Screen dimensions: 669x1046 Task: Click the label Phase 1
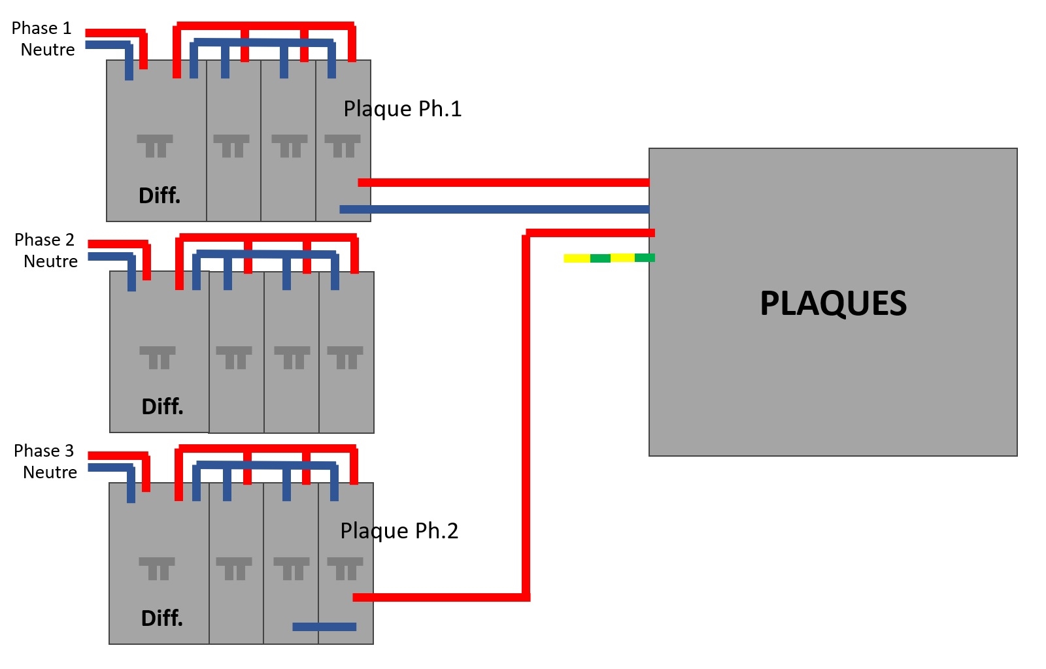click(x=41, y=28)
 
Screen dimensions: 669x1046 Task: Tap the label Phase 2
click(x=44, y=240)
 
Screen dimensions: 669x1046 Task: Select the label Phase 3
click(x=44, y=451)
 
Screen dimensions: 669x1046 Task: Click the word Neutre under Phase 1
click(x=48, y=50)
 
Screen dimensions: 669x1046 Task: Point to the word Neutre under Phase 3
click(x=50, y=472)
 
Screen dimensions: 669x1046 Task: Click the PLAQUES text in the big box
click(x=833, y=303)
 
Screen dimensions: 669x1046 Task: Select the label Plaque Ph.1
click(x=403, y=108)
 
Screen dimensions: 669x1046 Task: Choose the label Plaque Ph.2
click(x=399, y=530)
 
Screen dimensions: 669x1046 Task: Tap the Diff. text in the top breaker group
click(x=160, y=195)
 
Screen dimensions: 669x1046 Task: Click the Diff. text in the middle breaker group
click(x=162, y=406)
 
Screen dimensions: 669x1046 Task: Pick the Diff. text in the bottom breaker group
click(x=162, y=618)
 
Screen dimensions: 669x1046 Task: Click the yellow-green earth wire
click(x=609, y=258)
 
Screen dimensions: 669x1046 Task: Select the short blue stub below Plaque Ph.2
click(x=324, y=627)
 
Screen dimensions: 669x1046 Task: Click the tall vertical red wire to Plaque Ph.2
click(x=526, y=418)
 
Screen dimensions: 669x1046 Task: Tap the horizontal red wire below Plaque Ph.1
click(x=503, y=182)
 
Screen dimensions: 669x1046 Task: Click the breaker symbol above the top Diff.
click(x=155, y=146)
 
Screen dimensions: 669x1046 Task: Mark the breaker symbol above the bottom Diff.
click(x=157, y=568)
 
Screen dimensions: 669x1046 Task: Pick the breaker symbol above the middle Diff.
click(x=158, y=357)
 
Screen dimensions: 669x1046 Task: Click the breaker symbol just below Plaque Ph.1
click(x=343, y=146)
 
